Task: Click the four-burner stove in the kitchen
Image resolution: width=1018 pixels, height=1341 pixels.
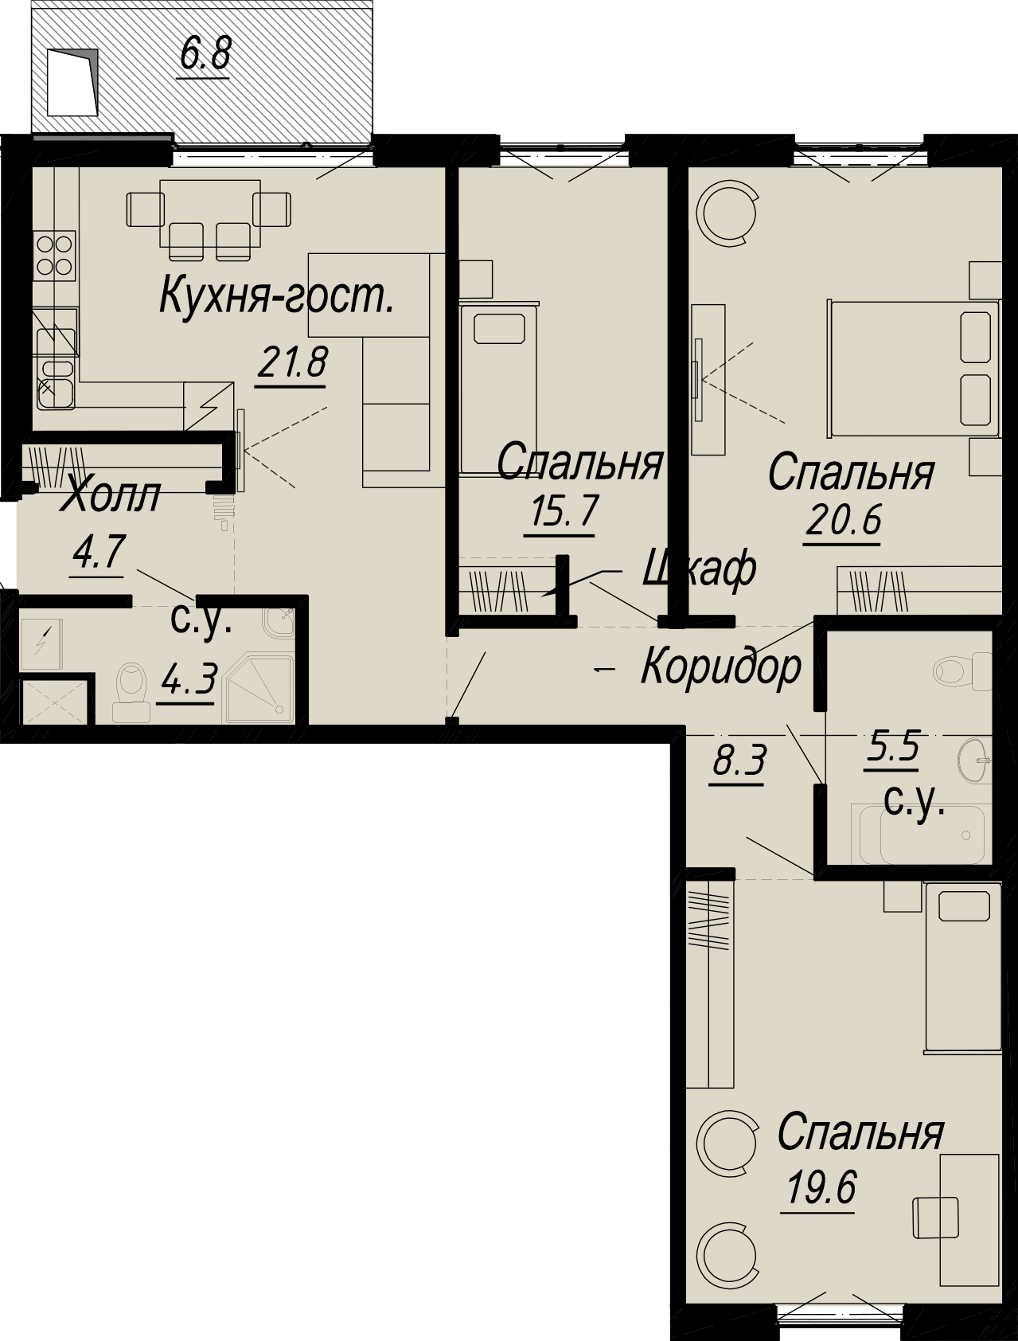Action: [54, 255]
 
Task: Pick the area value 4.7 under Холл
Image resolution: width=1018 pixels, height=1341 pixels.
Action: [99, 551]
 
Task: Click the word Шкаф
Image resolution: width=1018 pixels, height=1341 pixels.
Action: [698, 569]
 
